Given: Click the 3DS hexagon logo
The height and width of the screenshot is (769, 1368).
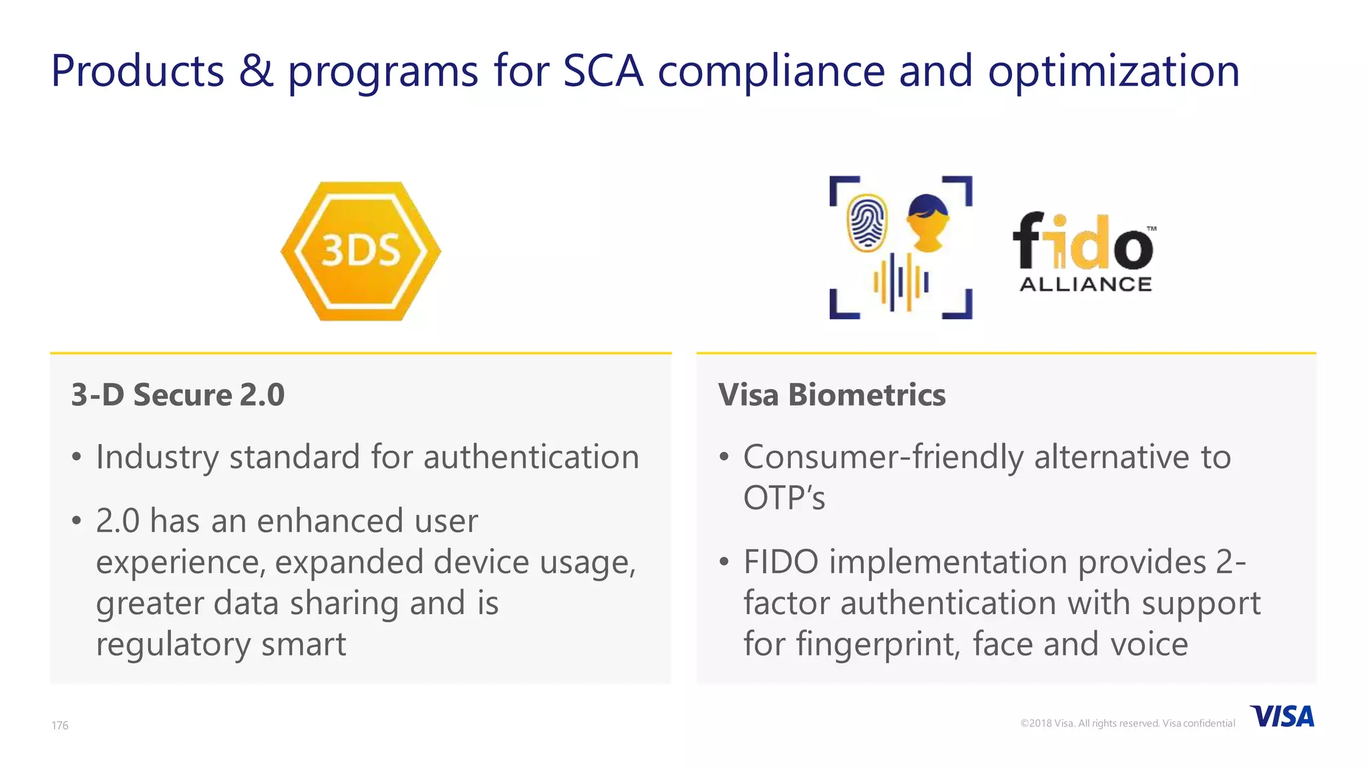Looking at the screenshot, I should pos(361,251).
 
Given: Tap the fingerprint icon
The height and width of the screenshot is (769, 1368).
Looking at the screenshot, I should pos(867,223).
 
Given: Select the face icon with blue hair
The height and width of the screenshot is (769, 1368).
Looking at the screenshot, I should pos(927,222).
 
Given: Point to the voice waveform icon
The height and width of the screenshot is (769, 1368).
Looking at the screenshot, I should pos(901,282).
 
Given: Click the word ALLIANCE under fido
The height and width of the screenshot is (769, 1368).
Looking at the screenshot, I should pos(1085,284).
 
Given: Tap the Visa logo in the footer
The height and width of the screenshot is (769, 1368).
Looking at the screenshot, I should pos(1282,717).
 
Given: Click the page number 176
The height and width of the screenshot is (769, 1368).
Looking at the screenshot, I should pos(60,726).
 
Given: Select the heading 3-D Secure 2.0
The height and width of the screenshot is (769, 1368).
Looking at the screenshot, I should pos(178,395).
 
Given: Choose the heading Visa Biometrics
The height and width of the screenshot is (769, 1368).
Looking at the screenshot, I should pos(832,395).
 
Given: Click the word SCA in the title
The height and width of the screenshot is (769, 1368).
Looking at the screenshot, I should pos(603,71).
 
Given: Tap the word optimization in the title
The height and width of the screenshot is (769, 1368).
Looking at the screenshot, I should pos(1114,72).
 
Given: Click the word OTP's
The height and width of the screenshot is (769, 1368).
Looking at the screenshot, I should pos(784,498).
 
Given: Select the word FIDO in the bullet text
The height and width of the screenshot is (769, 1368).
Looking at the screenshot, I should pos(781,562).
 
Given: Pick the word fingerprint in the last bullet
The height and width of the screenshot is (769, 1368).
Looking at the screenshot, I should pos(878,644).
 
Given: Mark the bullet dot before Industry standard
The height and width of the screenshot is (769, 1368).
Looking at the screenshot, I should pos(77,458).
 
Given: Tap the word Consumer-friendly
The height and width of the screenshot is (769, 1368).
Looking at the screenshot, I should pos(882,458).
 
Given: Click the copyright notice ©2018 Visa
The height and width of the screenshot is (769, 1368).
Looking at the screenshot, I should pos(1127,724).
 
